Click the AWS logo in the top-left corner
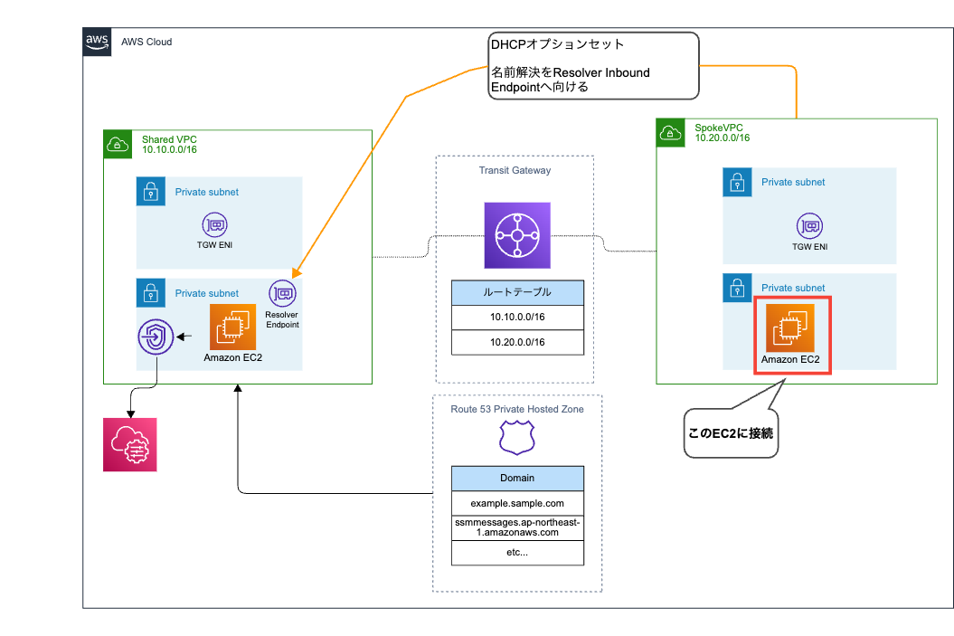pos(98,42)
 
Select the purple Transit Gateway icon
pos(516,235)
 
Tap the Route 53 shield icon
pos(516,439)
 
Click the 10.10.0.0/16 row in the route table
pos(516,318)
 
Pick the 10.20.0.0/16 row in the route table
pos(516,342)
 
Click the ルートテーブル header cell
pos(516,292)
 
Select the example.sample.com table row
pos(516,502)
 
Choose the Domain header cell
pos(516,478)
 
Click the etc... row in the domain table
pos(516,553)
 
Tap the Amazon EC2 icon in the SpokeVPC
pos(790,327)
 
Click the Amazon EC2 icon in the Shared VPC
pos(231,327)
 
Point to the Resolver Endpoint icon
pos(282,293)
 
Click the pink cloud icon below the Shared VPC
pos(129,444)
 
